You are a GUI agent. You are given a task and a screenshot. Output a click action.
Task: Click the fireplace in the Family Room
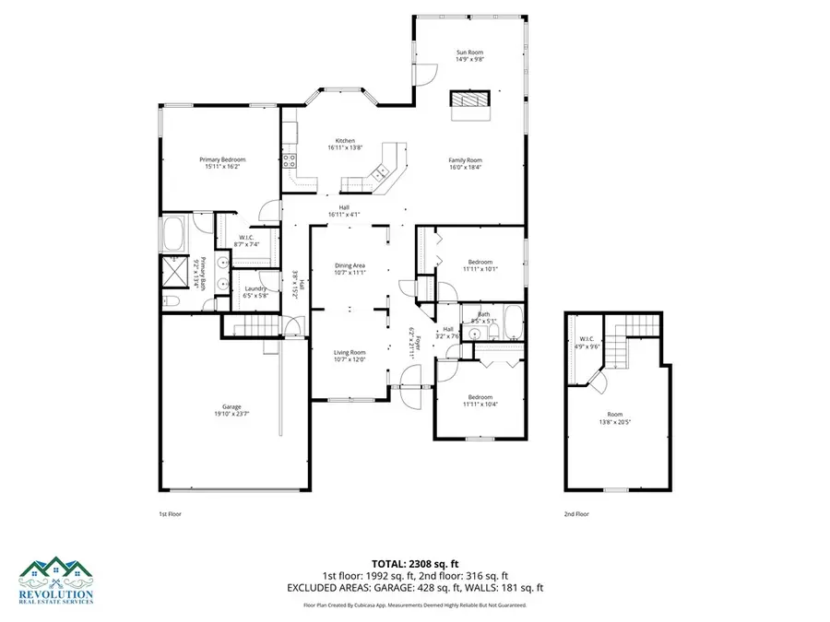(x=470, y=100)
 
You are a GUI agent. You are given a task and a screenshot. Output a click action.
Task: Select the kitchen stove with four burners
(x=292, y=165)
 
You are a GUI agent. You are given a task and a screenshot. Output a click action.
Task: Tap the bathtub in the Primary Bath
(x=173, y=235)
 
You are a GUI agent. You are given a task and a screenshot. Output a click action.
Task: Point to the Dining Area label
(x=350, y=265)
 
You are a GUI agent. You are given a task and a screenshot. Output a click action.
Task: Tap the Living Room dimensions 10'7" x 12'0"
(x=350, y=359)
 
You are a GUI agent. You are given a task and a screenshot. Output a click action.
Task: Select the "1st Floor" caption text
(x=172, y=513)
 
